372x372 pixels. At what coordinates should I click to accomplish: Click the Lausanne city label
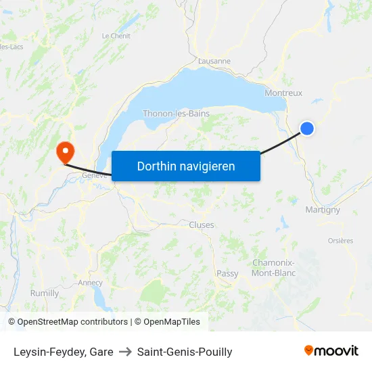(x=214, y=61)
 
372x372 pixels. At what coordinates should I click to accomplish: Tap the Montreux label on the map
(x=284, y=93)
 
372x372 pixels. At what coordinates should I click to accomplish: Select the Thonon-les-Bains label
(x=176, y=114)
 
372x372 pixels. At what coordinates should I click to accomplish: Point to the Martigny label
(x=323, y=210)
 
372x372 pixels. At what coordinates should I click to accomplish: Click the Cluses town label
(x=202, y=225)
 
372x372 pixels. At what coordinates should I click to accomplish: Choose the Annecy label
(x=90, y=283)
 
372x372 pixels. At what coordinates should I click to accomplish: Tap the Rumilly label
(x=45, y=293)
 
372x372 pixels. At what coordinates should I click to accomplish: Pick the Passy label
(x=227, y=273)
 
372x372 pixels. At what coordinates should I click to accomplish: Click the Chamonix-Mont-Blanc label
(x=273, y=268)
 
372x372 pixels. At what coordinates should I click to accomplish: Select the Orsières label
(x=340, y=240)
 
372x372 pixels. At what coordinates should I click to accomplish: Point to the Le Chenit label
(x=116, y=36)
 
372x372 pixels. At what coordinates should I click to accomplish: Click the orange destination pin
(x=66, y=150)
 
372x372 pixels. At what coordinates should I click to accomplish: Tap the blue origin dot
(x=307, y=128)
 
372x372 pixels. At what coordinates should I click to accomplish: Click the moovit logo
(x=331, y=351)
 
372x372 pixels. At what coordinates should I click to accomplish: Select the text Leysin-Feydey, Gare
(x=64, y=352)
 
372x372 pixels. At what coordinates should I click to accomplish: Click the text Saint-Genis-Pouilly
(x=185, y=352)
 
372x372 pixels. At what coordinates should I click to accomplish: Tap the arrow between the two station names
(x=125, y=352)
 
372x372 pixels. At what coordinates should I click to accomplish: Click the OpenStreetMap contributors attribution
(x=68, y=322)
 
